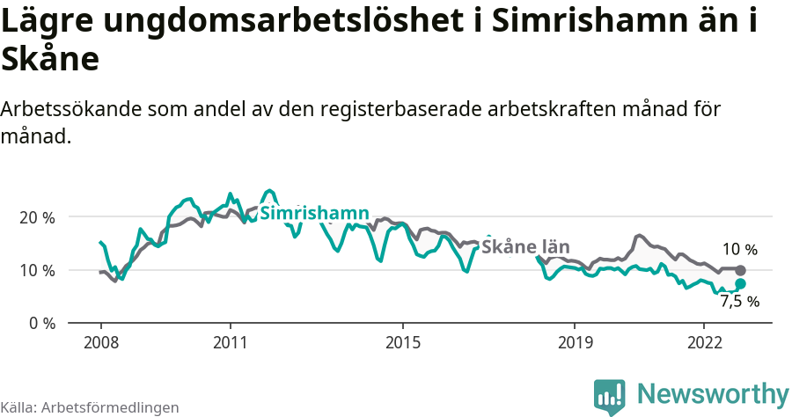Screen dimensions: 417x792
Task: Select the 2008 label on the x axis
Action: (101, 340)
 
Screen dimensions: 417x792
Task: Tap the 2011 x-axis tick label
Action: (230, 340)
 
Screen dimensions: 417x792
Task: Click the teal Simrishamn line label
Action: (314, 214)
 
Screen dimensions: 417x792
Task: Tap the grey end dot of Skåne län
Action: (740, 270)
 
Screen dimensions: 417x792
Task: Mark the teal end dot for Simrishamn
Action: (740, 283)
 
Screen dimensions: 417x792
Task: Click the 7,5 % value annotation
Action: (739, 302)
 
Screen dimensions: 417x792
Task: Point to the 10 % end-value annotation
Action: (739, 250)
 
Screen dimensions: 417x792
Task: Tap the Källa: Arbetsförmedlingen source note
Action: (90, 407)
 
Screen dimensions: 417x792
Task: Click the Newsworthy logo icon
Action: (609, 396)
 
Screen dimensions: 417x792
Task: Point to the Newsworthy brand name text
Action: (713, 394)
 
